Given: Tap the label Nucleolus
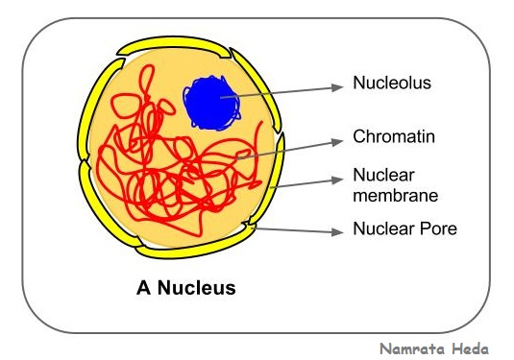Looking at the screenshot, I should [392, 84].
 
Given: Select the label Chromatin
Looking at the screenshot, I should [393, 137].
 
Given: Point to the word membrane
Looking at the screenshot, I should [395, 196].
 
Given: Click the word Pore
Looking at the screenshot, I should [434, 229].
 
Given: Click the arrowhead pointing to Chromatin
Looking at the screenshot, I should [337, 139].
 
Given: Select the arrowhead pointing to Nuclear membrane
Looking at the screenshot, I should [337, 180].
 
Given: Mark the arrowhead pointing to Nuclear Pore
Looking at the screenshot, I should [337, 231].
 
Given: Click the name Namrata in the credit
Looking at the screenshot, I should [409, 349].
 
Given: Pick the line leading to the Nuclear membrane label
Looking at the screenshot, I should [307, 182].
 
